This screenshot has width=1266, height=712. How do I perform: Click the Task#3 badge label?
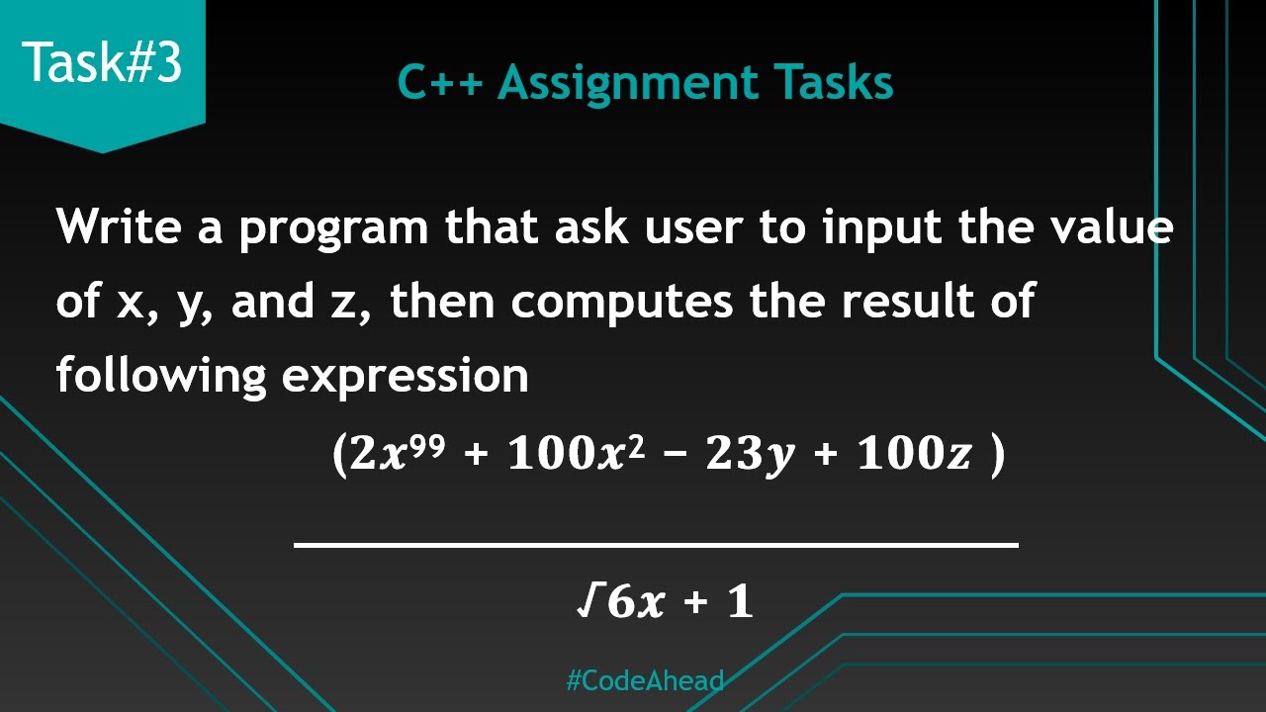click(103, 63)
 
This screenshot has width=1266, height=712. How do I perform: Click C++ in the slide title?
click(440, 83)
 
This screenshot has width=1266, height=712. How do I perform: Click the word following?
click(161, 377)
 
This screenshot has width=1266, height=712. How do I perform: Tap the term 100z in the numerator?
click(915, 456)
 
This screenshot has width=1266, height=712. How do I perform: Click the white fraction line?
click(656, 544)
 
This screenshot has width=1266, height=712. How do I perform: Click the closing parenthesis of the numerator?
click(997, 457)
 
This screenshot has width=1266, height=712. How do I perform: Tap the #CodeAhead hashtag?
click(645, 681)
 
